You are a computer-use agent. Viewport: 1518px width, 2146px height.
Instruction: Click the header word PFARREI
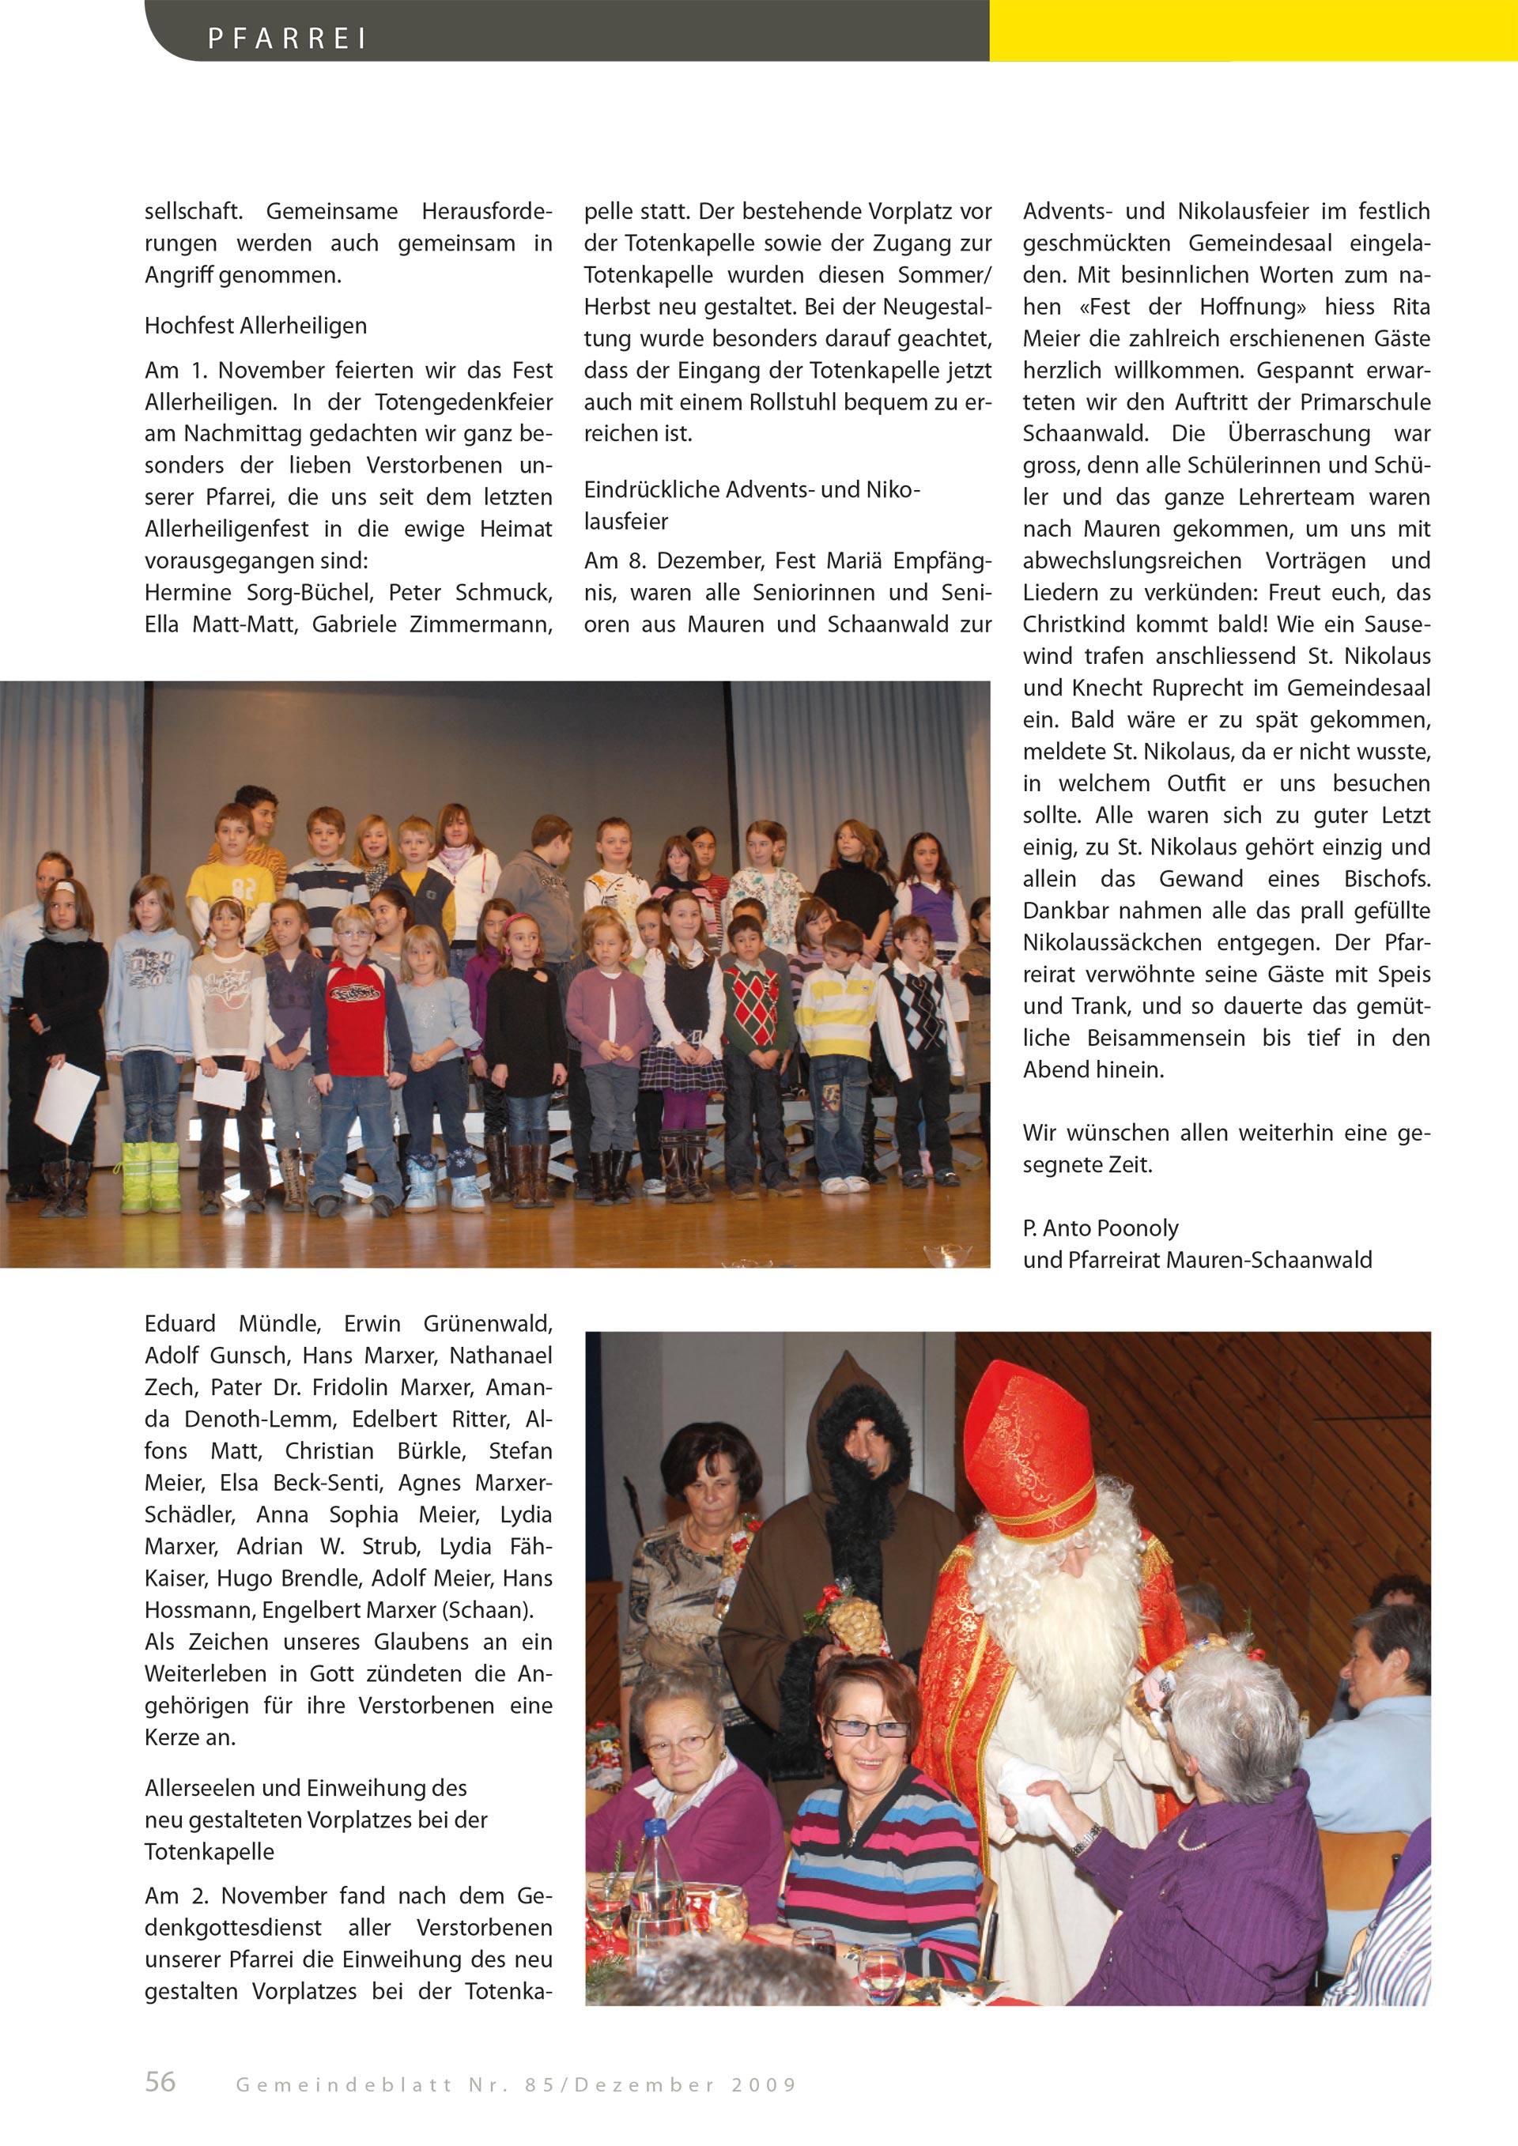click(x=287, y=38)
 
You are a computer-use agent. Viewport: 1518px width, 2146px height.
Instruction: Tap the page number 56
click(x=160, y=2081)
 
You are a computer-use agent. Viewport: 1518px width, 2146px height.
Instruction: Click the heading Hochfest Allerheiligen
click(x=255, y=326)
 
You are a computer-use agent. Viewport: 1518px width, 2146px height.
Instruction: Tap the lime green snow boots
click(x=150, y=1176)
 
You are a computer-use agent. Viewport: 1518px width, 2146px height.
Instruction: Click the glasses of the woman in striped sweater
click(x=868, y=1728)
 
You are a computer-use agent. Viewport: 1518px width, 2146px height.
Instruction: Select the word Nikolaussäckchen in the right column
click(x=1111, y=942)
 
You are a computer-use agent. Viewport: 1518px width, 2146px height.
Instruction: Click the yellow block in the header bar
click(x=1252, y=31)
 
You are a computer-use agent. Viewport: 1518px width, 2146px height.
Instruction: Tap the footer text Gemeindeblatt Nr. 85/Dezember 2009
click(x=516, y=2084)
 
